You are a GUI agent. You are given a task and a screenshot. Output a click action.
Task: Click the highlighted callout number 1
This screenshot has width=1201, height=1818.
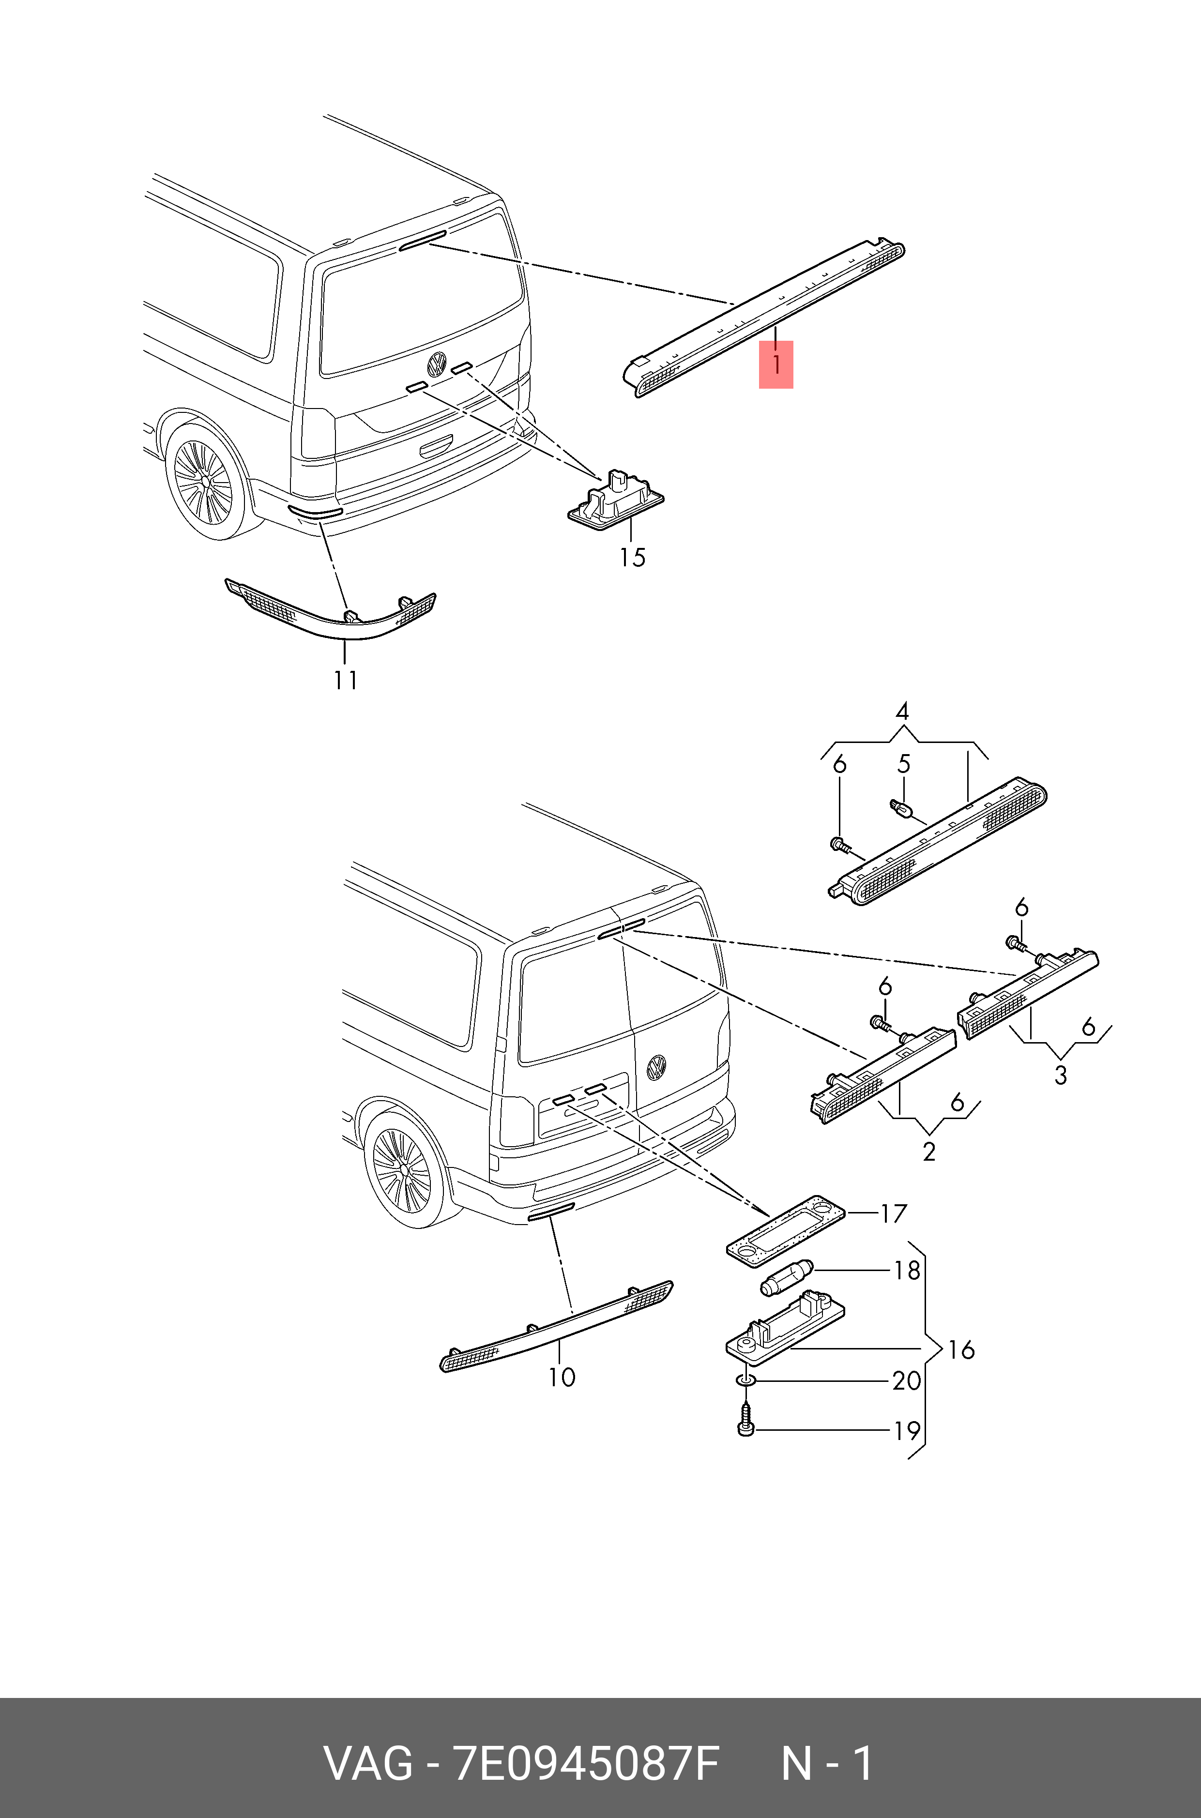tap(776, 365)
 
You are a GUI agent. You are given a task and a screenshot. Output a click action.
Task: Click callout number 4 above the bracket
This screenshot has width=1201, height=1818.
tap(902, 712)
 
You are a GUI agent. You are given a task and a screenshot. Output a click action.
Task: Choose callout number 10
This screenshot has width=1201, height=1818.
tap(562, 1377)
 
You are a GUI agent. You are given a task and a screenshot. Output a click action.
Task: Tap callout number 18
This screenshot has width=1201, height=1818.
tap(907, 1271)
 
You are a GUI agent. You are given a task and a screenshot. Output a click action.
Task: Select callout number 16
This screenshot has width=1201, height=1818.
tap(961, 1349)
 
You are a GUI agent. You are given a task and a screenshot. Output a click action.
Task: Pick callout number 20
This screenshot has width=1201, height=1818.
tap(907, 1381)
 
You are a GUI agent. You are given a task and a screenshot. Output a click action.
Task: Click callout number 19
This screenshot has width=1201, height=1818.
tap(907, 1430)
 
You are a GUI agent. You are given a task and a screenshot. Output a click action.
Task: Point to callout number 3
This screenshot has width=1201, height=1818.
tap(1061, 1075)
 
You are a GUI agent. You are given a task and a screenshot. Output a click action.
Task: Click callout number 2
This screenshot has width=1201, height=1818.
tap(929, 1152)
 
